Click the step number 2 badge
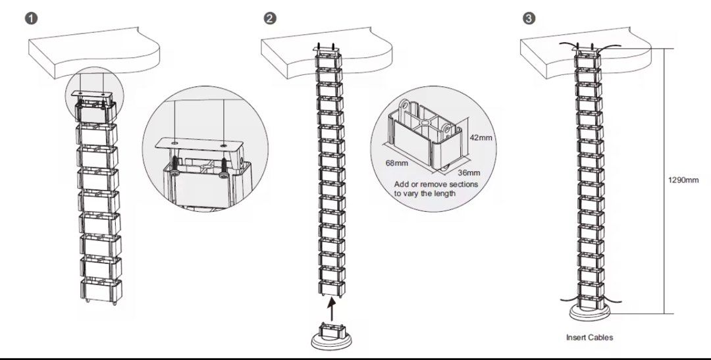[269, 18]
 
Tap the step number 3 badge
[528, 18]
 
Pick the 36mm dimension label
[468, 173]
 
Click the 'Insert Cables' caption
[589, 338]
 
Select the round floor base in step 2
[329, 338]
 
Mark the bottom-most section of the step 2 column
[329, 286]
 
